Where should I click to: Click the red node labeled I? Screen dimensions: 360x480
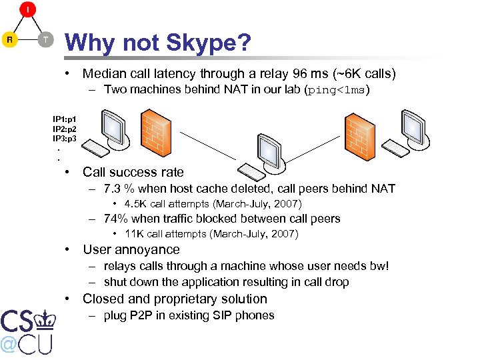pos(27,10)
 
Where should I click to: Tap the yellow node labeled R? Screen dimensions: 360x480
pos(10,39)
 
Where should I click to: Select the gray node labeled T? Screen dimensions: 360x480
pos(45,39)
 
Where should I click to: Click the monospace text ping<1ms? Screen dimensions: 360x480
pos(336,90)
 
